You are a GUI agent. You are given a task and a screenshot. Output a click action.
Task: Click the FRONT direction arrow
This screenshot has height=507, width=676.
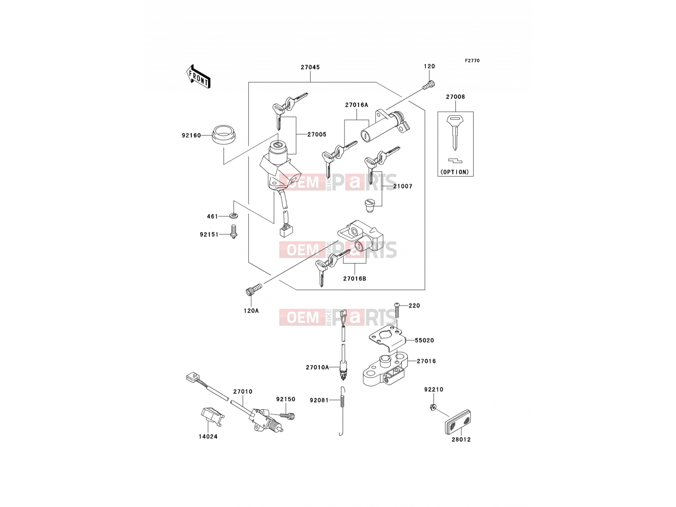click(198, 77)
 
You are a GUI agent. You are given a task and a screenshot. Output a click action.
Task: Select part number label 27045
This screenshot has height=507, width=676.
click(310, 67)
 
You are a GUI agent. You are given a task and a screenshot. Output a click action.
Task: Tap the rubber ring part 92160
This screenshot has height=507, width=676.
click(224, 135)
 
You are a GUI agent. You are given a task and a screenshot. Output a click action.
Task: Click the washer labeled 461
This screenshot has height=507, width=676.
click(234, 215)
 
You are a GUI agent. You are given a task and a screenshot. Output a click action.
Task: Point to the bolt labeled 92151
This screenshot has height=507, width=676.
click(234, 232)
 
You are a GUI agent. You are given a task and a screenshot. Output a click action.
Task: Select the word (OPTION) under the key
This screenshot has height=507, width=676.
click(455, 172)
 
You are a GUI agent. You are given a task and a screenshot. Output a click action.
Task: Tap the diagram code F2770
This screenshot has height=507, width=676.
click(472, 61)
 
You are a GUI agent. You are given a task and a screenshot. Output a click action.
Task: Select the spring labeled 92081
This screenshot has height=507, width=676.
click(342, 411)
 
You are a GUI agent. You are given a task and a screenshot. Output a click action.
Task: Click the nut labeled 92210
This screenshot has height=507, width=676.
click(432, 407)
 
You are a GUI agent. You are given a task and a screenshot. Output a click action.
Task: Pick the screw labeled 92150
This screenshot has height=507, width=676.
click(288, 416)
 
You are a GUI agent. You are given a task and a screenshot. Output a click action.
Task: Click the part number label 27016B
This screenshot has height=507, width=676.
click(354, 278)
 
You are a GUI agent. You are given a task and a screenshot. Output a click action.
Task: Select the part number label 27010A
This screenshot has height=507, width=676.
click(317, 367)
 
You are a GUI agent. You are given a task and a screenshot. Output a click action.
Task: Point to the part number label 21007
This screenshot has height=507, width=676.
click(403, 186)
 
